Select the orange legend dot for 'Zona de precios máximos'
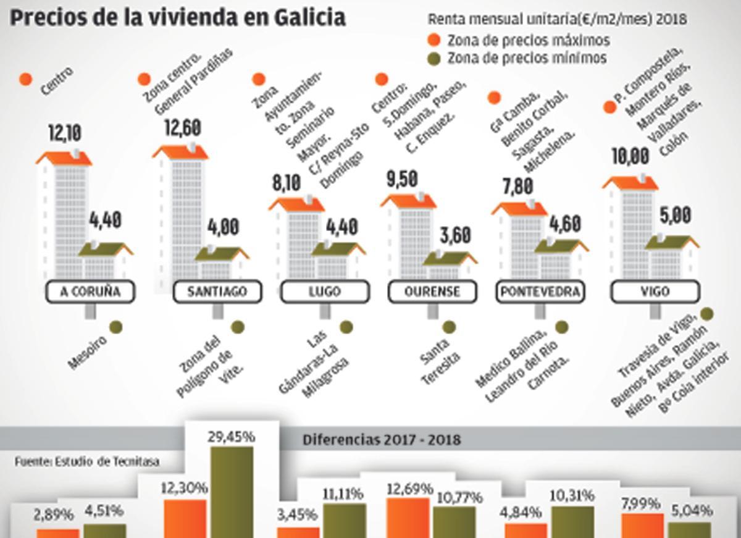434,41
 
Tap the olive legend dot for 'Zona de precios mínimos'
434,59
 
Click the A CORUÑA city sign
91,292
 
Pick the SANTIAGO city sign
217,292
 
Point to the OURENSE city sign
432,292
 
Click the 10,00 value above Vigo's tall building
630,156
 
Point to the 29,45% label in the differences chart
232,437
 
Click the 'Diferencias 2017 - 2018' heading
382,440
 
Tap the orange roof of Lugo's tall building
296,204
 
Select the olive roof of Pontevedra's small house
559,246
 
